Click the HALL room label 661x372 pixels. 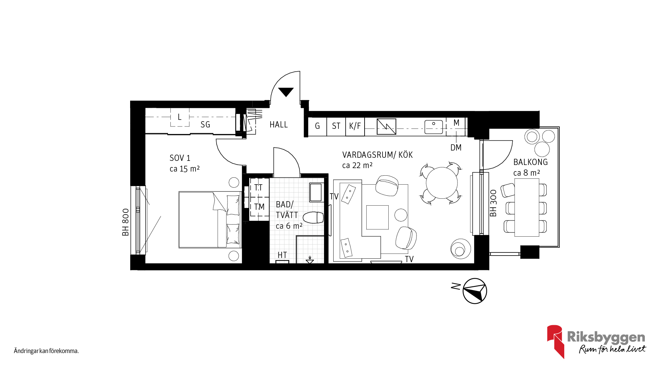pyautogui.click(x=279, y=124)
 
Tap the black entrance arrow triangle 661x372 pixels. pyautogui.click(x=286, y=92)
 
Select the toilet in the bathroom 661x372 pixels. pyautogui.click(x=313, y=218)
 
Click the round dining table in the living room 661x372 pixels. pyautogui.click(x=442, y=183)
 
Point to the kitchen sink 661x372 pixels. pyautogui.click(x=434, y=127)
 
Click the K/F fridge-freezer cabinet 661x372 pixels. pyautogui.click(x=355, y=126)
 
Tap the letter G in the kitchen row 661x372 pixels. pyautogui.click(x=317, y=126)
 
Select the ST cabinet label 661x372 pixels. pyautogui.click(x=336, y=126)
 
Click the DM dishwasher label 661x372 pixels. pyautogui.click(x=456, y=147)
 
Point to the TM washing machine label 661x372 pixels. pyautogui.click(x=259, y=207)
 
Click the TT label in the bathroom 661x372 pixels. pyautogui.click(x=258, y=188)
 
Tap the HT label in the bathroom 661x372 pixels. pyautogui.click(x=282, y=255)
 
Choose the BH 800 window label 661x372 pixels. pyautogui.click(x=126, y=222)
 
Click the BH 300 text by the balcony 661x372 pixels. pyautogui.click(x=493, y=203)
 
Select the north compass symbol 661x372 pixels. pyautogui.click(x=475, y=291)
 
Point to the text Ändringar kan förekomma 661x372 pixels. pyautogui.click(x=46, y=351)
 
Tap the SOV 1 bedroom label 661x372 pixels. pyautogui.click(x=180, y=158)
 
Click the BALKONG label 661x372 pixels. pyautogui.click(x=531, y=162)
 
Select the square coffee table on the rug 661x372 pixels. pyautogui.click(x=377, y=217)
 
